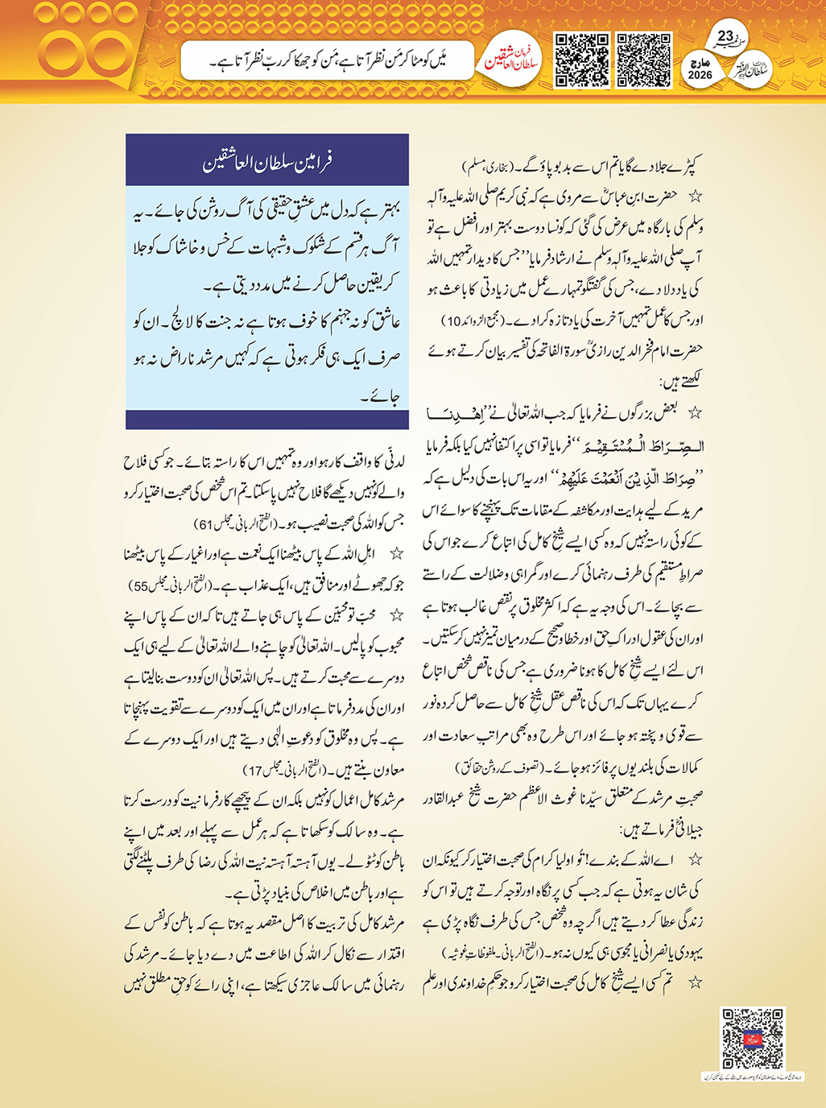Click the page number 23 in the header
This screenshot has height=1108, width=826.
coord(725,37)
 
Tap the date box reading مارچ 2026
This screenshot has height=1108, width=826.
coord(700,68)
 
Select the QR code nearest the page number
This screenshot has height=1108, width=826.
coord(644,60)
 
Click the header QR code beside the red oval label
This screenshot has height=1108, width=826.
coord(582,60)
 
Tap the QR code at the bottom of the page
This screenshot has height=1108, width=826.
coord(752,1038)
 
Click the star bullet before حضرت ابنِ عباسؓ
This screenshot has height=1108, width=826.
coord(695,196)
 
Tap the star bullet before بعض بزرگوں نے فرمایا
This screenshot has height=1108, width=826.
coord(695,413)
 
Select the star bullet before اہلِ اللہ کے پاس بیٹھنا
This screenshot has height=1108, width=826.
coord(395,554)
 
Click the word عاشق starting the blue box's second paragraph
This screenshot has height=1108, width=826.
coord(384,322)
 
